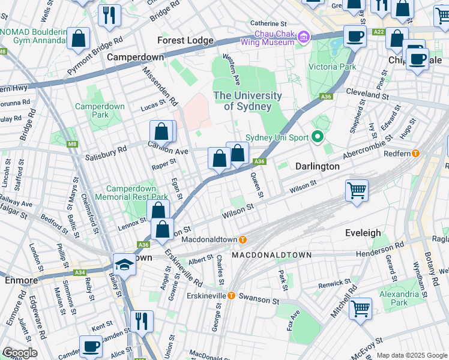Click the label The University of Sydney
pyautogui.click(x=248, y=101)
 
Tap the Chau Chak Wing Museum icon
pyautogui.click(x=303, y=38)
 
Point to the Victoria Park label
pyautogui.click(x=332, y=67)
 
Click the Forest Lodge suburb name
pyautogui.click(x=185, y=40)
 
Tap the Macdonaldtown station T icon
pyautogui.click(x=243, y=239)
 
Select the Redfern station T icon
pyautogui.click(x=431, y=154)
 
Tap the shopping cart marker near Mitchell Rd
pyautogui.click(x=361, y=309)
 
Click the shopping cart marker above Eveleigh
pyautogui.click(x=357, y=191)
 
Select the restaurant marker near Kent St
pyautogui.click(x=142, y=320)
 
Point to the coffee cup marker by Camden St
pyautogui.click(x=91, y=347)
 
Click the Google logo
pyautogui.click(x=20, y=353)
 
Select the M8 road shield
pyautogui.click(x=73, y=144)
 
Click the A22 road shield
pyautogui.click(x=378, y=32)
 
